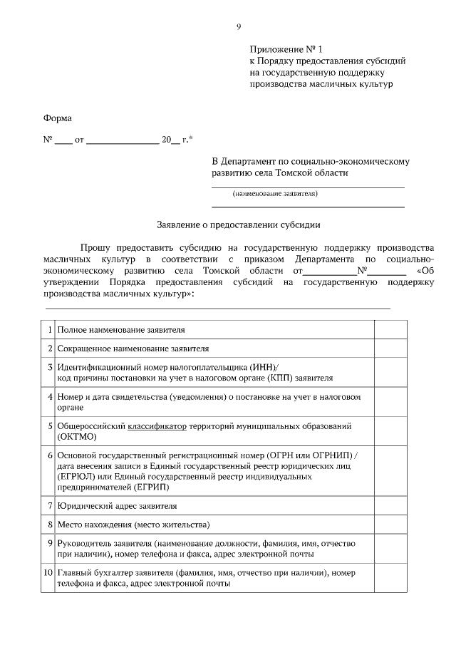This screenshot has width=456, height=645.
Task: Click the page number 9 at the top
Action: coord(239,26)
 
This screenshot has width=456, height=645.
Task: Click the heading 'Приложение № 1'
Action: coord(286,49)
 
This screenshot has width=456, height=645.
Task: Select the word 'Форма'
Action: coord(58,118)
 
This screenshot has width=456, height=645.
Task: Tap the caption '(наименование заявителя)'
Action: coord(274,193)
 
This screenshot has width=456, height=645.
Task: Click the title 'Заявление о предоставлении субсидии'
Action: coord(239,224)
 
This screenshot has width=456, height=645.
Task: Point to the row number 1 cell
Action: coord(50,331)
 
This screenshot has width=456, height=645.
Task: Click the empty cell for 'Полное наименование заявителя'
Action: coord(390,331)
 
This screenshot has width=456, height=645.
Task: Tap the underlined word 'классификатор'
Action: coord(157,425)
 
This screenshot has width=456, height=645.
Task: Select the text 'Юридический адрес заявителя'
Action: coord(118,506)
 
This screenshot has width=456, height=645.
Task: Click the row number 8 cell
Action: coord(50,525)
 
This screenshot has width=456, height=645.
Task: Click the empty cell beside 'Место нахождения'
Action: coord(390,525)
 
